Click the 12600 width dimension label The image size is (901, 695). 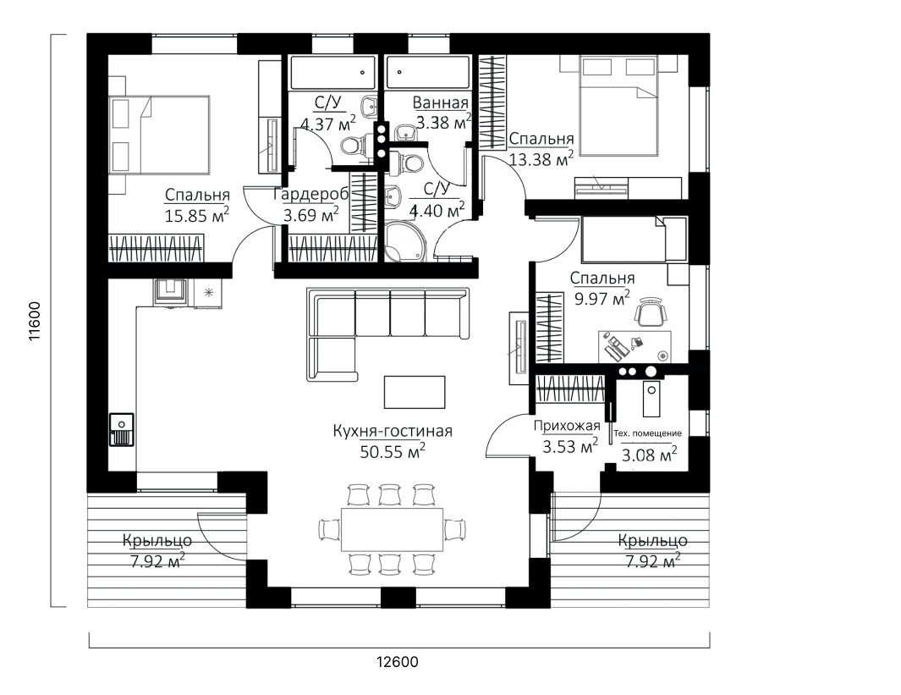coord(398,662)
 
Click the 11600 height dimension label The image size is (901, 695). coord(36,322)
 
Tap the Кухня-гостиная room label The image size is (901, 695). coord(393,431)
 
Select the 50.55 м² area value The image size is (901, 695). coord(393,451)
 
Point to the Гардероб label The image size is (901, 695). coord(310,196)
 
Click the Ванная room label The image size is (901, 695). coord(441,103)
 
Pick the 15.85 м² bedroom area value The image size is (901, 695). coord(197,215)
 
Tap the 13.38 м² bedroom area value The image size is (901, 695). coord(541,158)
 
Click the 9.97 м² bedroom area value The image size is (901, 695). coord(602,298)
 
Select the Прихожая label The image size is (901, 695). coord(567,426)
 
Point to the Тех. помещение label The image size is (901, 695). coord(647,433)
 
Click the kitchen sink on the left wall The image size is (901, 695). coord(121,429)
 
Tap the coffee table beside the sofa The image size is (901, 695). coord(415,393)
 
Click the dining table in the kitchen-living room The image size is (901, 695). coord(393,529)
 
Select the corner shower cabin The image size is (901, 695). coord(404,241)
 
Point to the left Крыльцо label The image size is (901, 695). coord(157,541)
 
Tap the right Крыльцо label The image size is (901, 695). coord(653,541)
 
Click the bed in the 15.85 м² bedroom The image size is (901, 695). coord(158,135)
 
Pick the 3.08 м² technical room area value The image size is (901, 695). coord(650,455)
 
